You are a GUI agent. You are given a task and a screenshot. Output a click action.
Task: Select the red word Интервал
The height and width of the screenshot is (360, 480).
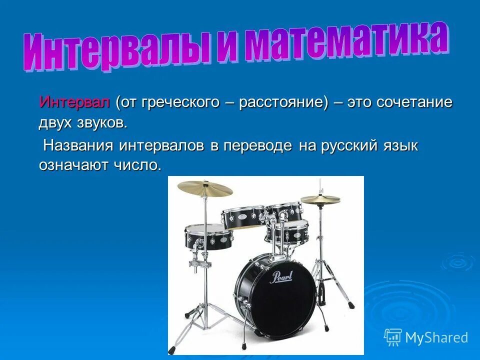point(74,102)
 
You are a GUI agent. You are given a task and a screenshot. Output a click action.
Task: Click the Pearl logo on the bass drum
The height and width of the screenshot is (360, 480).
point(281,277)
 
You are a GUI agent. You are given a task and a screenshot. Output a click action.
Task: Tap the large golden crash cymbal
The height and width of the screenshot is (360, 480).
point(205,188)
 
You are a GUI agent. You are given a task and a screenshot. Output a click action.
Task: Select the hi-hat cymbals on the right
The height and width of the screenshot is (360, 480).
point(320,199)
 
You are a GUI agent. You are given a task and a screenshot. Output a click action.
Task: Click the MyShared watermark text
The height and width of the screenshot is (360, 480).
point(436,337)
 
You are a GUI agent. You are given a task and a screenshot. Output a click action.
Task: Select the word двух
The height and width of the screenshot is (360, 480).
point(55,122)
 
